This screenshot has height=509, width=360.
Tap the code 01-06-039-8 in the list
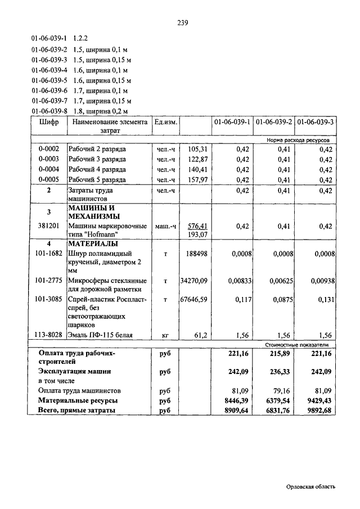49,111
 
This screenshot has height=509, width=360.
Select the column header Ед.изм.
166,121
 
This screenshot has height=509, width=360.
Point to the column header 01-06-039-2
273,121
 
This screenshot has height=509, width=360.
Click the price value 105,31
198,149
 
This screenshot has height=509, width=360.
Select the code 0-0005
49,179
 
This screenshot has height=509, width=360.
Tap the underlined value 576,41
197,226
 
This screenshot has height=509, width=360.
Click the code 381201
49,226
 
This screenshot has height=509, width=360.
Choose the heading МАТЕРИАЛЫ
93,244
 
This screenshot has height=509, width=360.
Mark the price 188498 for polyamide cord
197,254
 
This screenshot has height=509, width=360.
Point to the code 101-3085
49,300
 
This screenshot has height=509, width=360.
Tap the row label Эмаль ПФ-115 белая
101,335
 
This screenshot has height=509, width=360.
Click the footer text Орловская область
310,488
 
